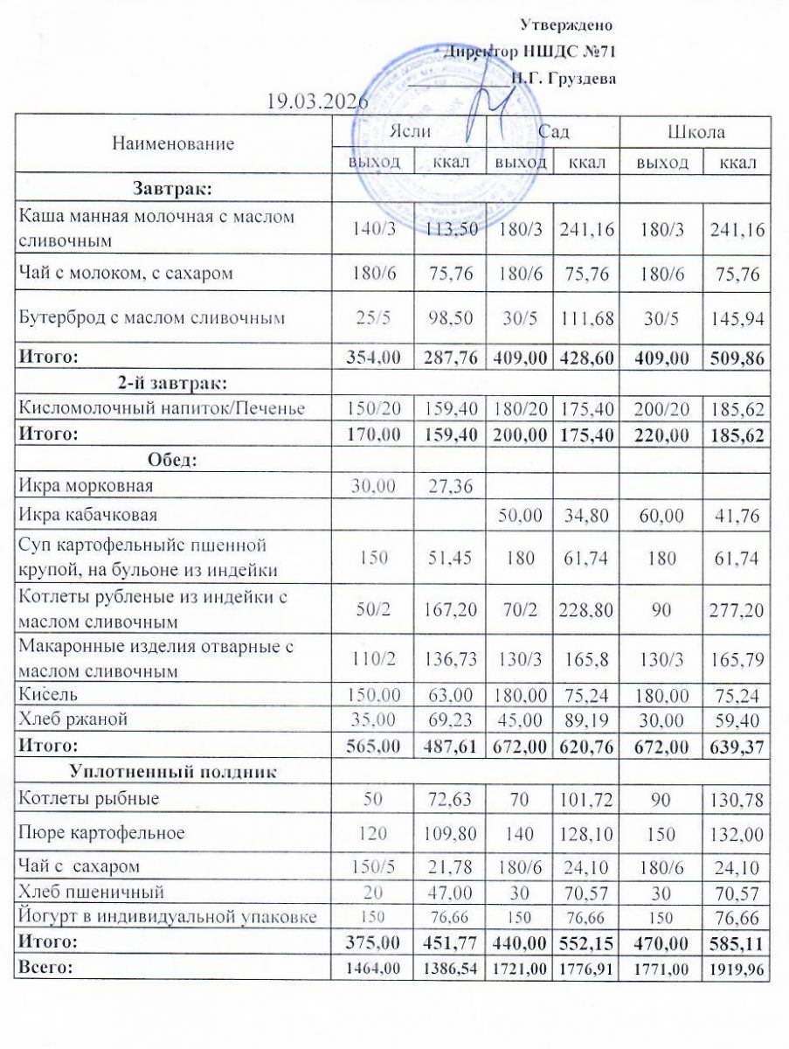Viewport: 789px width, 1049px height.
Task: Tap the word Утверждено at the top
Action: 565,24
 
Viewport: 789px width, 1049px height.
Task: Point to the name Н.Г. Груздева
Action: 564,79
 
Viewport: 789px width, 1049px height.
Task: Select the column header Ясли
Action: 408,133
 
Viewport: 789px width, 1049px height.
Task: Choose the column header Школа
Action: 696,133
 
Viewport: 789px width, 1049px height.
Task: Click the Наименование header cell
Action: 173,144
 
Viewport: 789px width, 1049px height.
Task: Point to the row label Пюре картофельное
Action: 102,832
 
